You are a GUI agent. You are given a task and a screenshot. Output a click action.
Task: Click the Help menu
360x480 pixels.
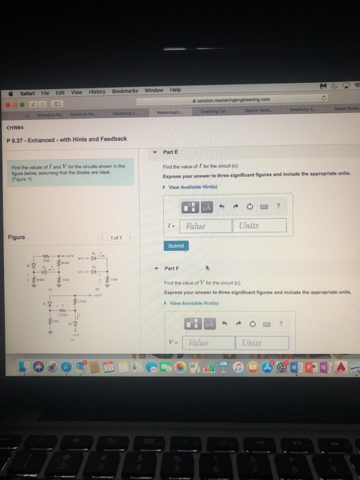(x=175, y=90)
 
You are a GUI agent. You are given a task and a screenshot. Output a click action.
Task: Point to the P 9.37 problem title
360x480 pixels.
(x=67, y=139)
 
